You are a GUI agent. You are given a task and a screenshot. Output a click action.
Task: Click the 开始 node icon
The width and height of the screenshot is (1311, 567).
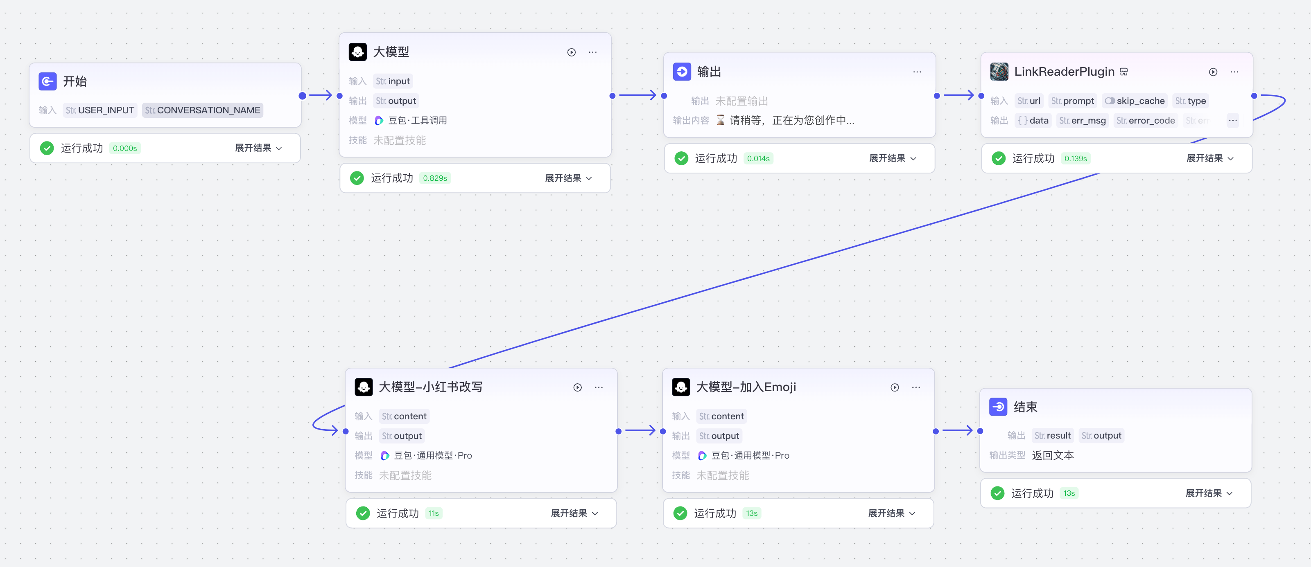[x=47, y=81]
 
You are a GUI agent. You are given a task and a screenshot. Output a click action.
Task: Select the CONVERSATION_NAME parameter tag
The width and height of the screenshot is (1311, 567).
[x=203, y=110]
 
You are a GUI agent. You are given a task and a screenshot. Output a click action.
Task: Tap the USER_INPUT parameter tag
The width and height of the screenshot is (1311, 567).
[x=100, y=110]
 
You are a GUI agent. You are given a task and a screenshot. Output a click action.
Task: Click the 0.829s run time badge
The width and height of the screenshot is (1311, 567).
[x=435, y=178]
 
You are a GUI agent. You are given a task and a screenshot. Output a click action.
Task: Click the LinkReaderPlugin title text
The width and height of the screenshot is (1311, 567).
[x=1064, y=72]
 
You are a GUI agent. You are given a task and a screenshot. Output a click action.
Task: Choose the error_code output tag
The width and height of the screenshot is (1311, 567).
[x=1146, y=121]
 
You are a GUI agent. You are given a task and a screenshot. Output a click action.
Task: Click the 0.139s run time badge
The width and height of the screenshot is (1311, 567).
[x=1075, y=159]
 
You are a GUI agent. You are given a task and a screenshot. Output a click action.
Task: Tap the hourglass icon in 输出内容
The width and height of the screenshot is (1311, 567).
[x=720, y=121]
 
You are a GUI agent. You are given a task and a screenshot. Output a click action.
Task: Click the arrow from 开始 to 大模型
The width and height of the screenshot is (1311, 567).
[x=321, y=96]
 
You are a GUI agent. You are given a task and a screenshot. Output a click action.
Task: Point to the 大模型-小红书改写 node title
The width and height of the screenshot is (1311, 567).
[x=431, y=387]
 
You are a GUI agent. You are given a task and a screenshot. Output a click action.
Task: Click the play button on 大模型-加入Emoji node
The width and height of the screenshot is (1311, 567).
[x=894, y=387]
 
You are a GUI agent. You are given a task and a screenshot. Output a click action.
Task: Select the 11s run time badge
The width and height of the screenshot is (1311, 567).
[x=434, y=513]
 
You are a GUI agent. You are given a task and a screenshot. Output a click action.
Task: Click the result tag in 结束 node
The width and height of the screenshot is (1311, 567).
[x=1053, y=436]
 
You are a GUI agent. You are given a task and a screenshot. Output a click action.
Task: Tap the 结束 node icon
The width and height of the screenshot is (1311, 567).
[x=998, y=407]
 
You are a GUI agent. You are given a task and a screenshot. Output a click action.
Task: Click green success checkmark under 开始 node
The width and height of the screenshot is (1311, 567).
[x=47, y=148]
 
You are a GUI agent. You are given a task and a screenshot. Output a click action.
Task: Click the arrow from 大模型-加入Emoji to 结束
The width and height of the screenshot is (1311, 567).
[x=957, y=431]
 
